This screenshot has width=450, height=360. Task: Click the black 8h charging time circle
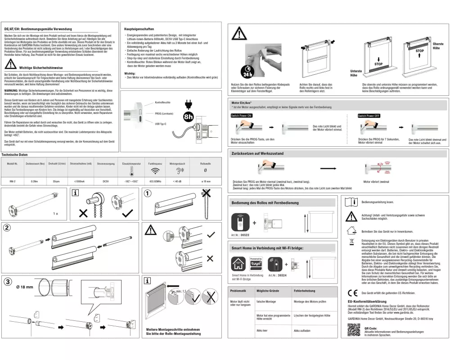click(x=189, y=117)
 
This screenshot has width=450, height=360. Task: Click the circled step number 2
click(x=7, y=228)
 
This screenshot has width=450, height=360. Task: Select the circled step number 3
click(x=8, y=283)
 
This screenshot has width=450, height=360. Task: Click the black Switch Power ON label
click(x=242, y=116)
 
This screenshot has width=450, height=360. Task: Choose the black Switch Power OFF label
click(x=369, y=116)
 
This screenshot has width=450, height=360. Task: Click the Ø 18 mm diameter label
click(x=24, y=286)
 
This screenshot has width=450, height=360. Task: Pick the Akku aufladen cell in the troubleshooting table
click(x=302, y=331)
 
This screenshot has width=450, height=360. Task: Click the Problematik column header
click(x=238, y=291)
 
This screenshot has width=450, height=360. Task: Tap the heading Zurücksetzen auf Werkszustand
click(x=257, y=153)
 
